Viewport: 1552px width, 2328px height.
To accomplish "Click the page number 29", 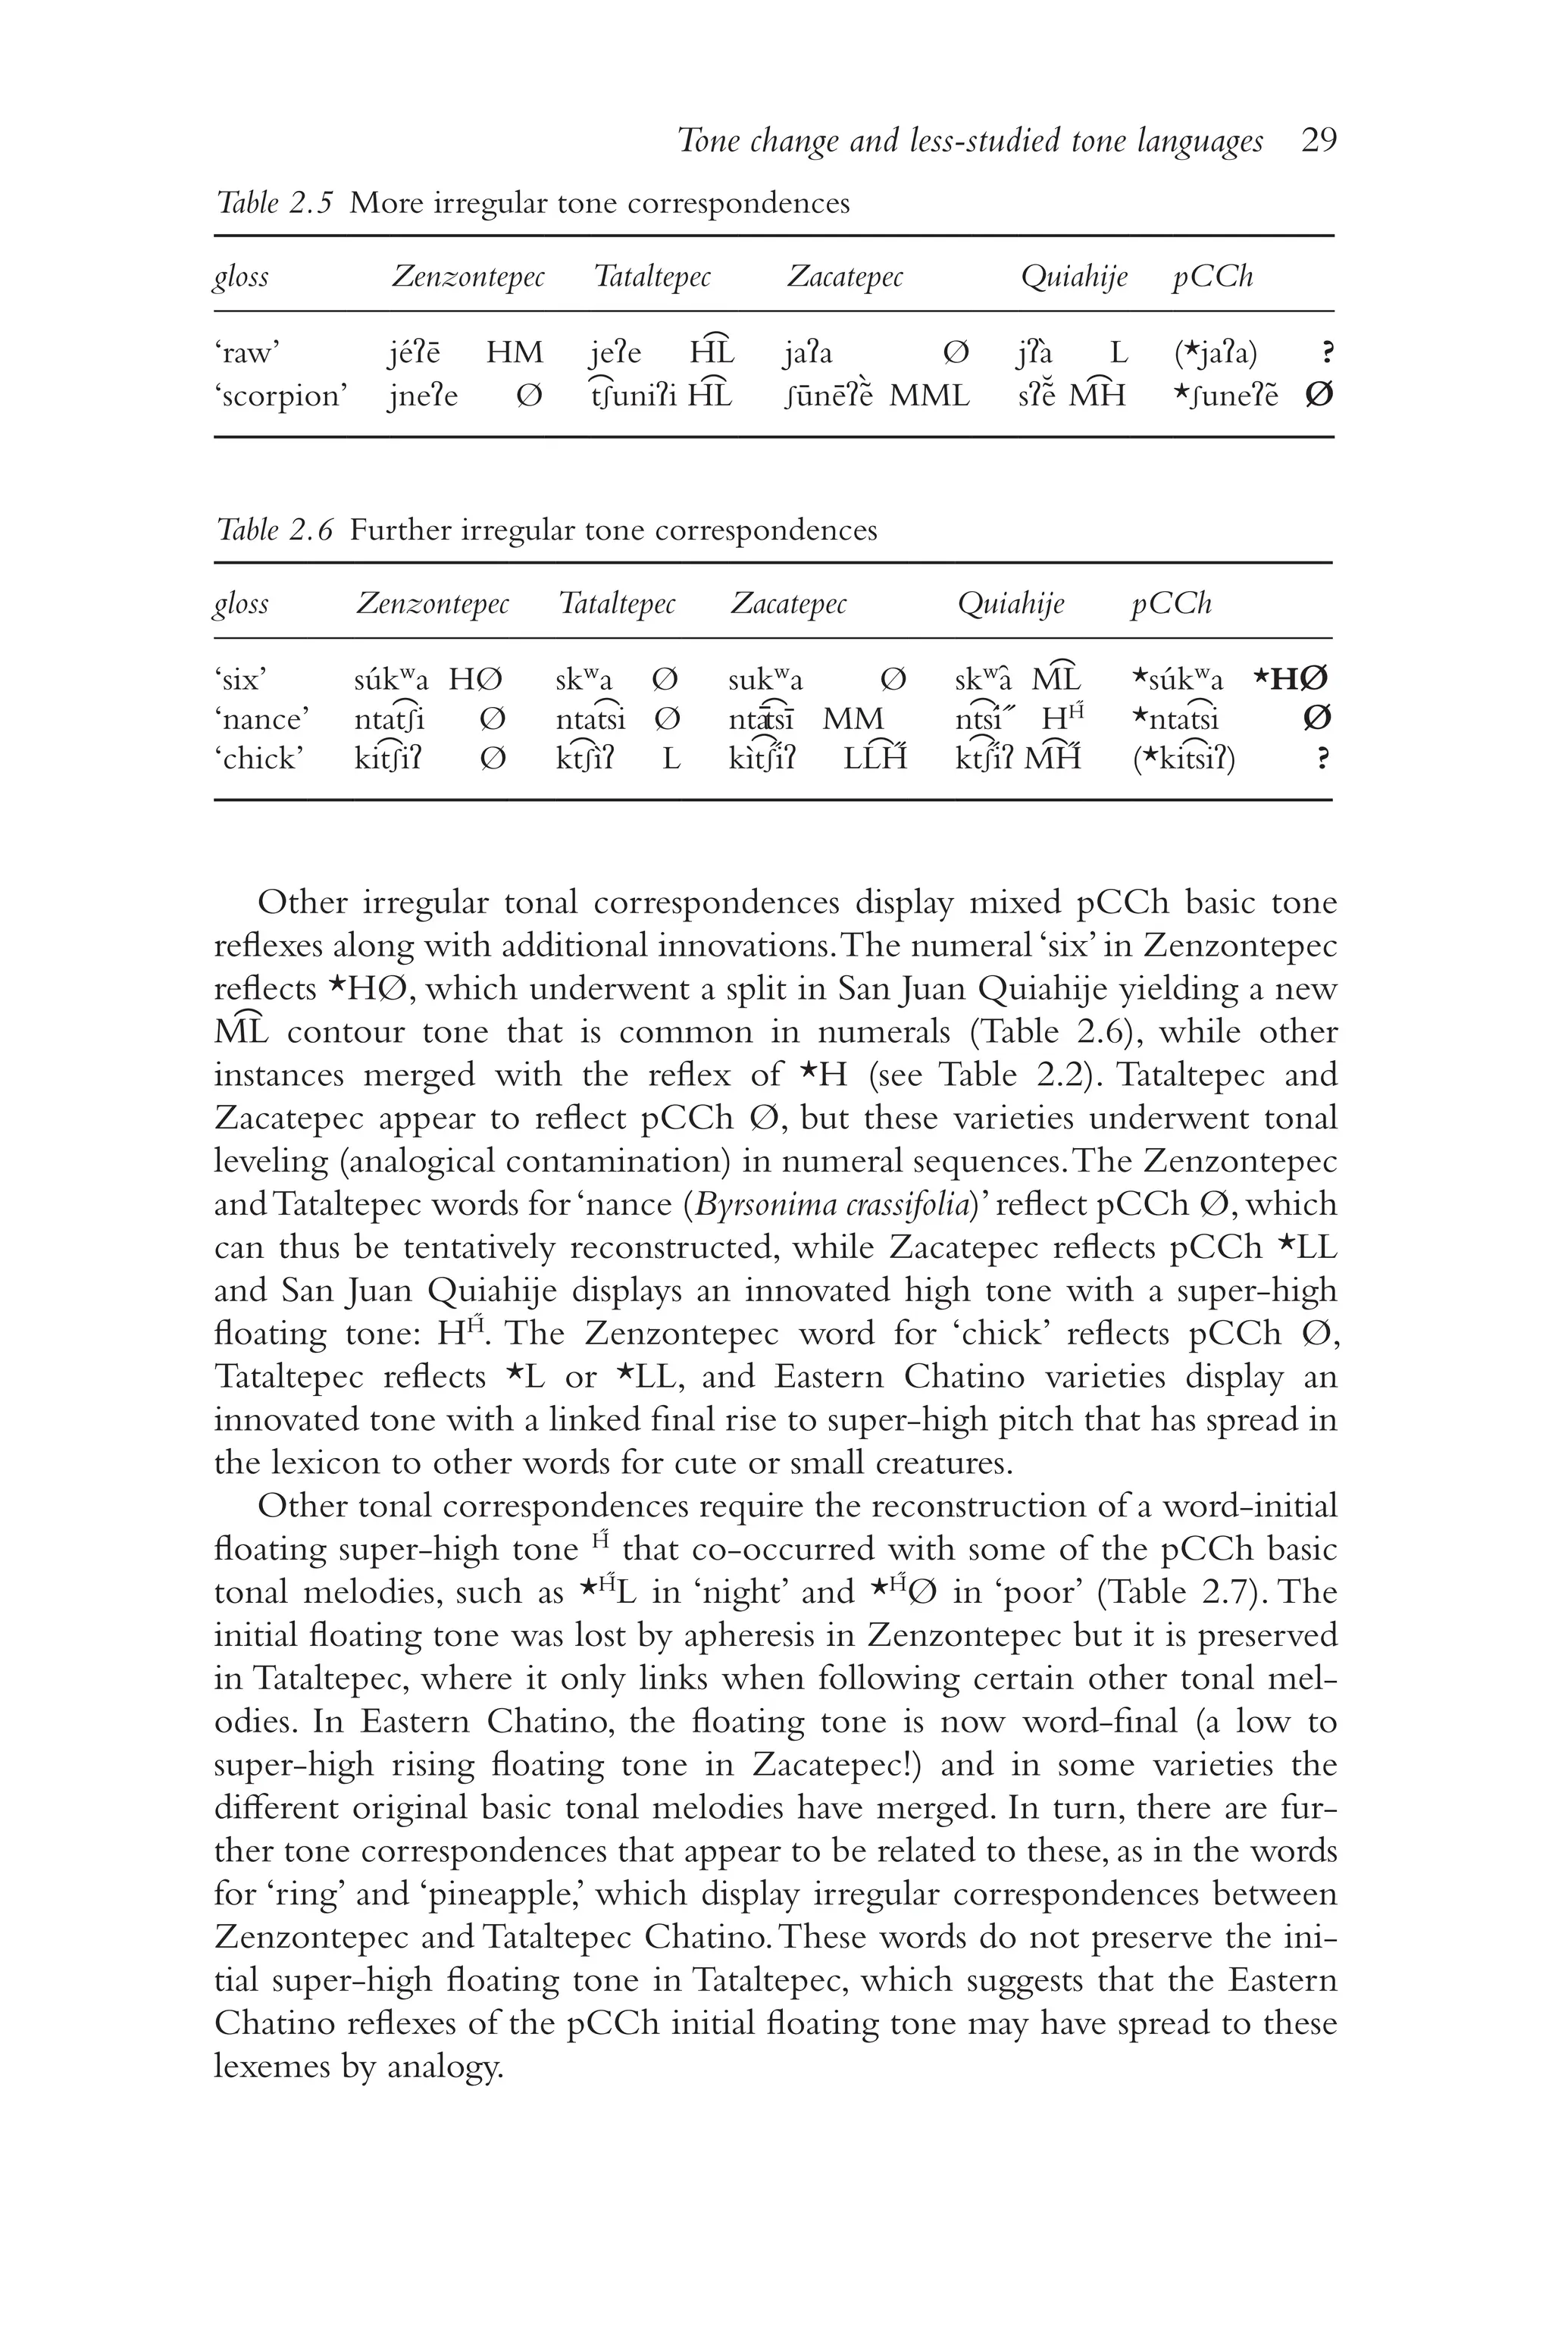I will (1319, 142).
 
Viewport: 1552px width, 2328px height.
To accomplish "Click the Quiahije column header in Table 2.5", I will (1073, 277).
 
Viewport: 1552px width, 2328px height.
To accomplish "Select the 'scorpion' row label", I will (280, 396).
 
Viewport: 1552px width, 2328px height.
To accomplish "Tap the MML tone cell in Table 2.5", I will (928, 396).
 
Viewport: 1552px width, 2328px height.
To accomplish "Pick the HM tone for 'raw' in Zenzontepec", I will (514, 352).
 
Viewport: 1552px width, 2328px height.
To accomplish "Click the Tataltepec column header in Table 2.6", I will (617, 604).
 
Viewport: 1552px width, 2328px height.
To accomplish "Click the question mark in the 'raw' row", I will (1326, 352).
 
